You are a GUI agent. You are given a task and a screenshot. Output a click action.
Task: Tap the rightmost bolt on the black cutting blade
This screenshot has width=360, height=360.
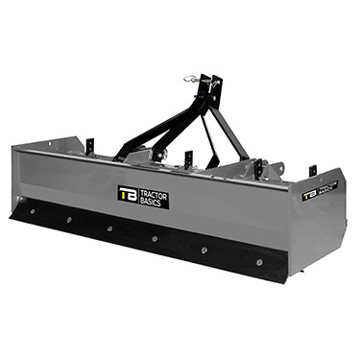click(258, 260)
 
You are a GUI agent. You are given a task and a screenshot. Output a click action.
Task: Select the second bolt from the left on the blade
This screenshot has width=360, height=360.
click(69, 219)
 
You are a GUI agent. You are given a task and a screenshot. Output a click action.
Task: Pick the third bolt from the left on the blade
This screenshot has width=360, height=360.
click(109, 228)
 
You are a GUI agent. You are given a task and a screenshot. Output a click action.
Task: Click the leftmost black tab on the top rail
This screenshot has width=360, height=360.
click(85, 146)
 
